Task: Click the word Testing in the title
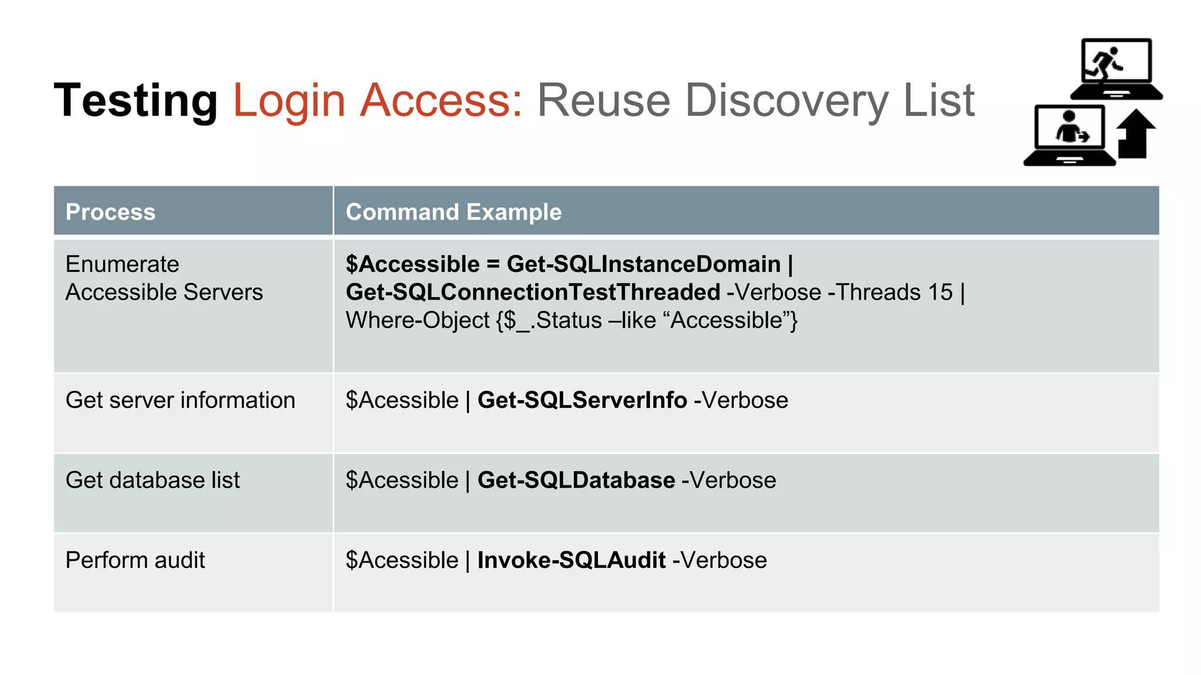point(135,101)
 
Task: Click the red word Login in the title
point(289,101)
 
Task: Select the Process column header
point(110,212)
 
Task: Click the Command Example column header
point(453,212)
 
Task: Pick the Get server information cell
point(180,400)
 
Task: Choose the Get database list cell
point(152,480)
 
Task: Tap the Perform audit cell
point(135,560)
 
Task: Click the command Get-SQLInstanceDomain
point(643,264)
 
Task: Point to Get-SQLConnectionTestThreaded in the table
point(532,292)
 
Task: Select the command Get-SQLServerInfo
point(582,400)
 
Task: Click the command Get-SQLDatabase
point(576,480)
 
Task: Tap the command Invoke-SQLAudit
point(571,560)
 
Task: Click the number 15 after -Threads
point(940,292)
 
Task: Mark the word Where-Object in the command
point(417,321)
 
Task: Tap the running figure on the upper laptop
point(1104,62)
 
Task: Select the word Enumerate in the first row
point(122,264)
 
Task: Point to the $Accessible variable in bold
point(412,264)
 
